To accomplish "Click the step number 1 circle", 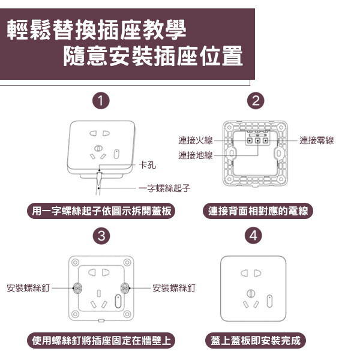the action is [101, 101].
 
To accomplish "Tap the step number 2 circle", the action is [256, 101].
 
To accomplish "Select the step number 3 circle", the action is [101, 236].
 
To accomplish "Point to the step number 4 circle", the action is [253, 236].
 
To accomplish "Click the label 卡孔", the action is [148, 164].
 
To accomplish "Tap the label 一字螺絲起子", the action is [164, 188].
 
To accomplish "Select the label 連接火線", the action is [196, 140].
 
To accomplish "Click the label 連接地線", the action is [196, 155].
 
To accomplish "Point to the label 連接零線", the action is [317, 140].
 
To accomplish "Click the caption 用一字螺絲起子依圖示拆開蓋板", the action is [101, 211].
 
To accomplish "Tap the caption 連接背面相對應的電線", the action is [258, 211].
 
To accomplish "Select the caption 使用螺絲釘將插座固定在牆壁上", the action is [101, 340].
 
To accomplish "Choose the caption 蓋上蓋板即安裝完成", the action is [256, 340].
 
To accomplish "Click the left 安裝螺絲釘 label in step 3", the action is [28, 287].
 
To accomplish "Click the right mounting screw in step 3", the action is [125, 288].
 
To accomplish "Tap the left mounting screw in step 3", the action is [77, 288].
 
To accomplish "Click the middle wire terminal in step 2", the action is [258, 140].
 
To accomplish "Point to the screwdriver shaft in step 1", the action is [98, 184].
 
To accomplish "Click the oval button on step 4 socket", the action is [269, 301].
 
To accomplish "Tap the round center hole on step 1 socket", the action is [98, 148].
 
